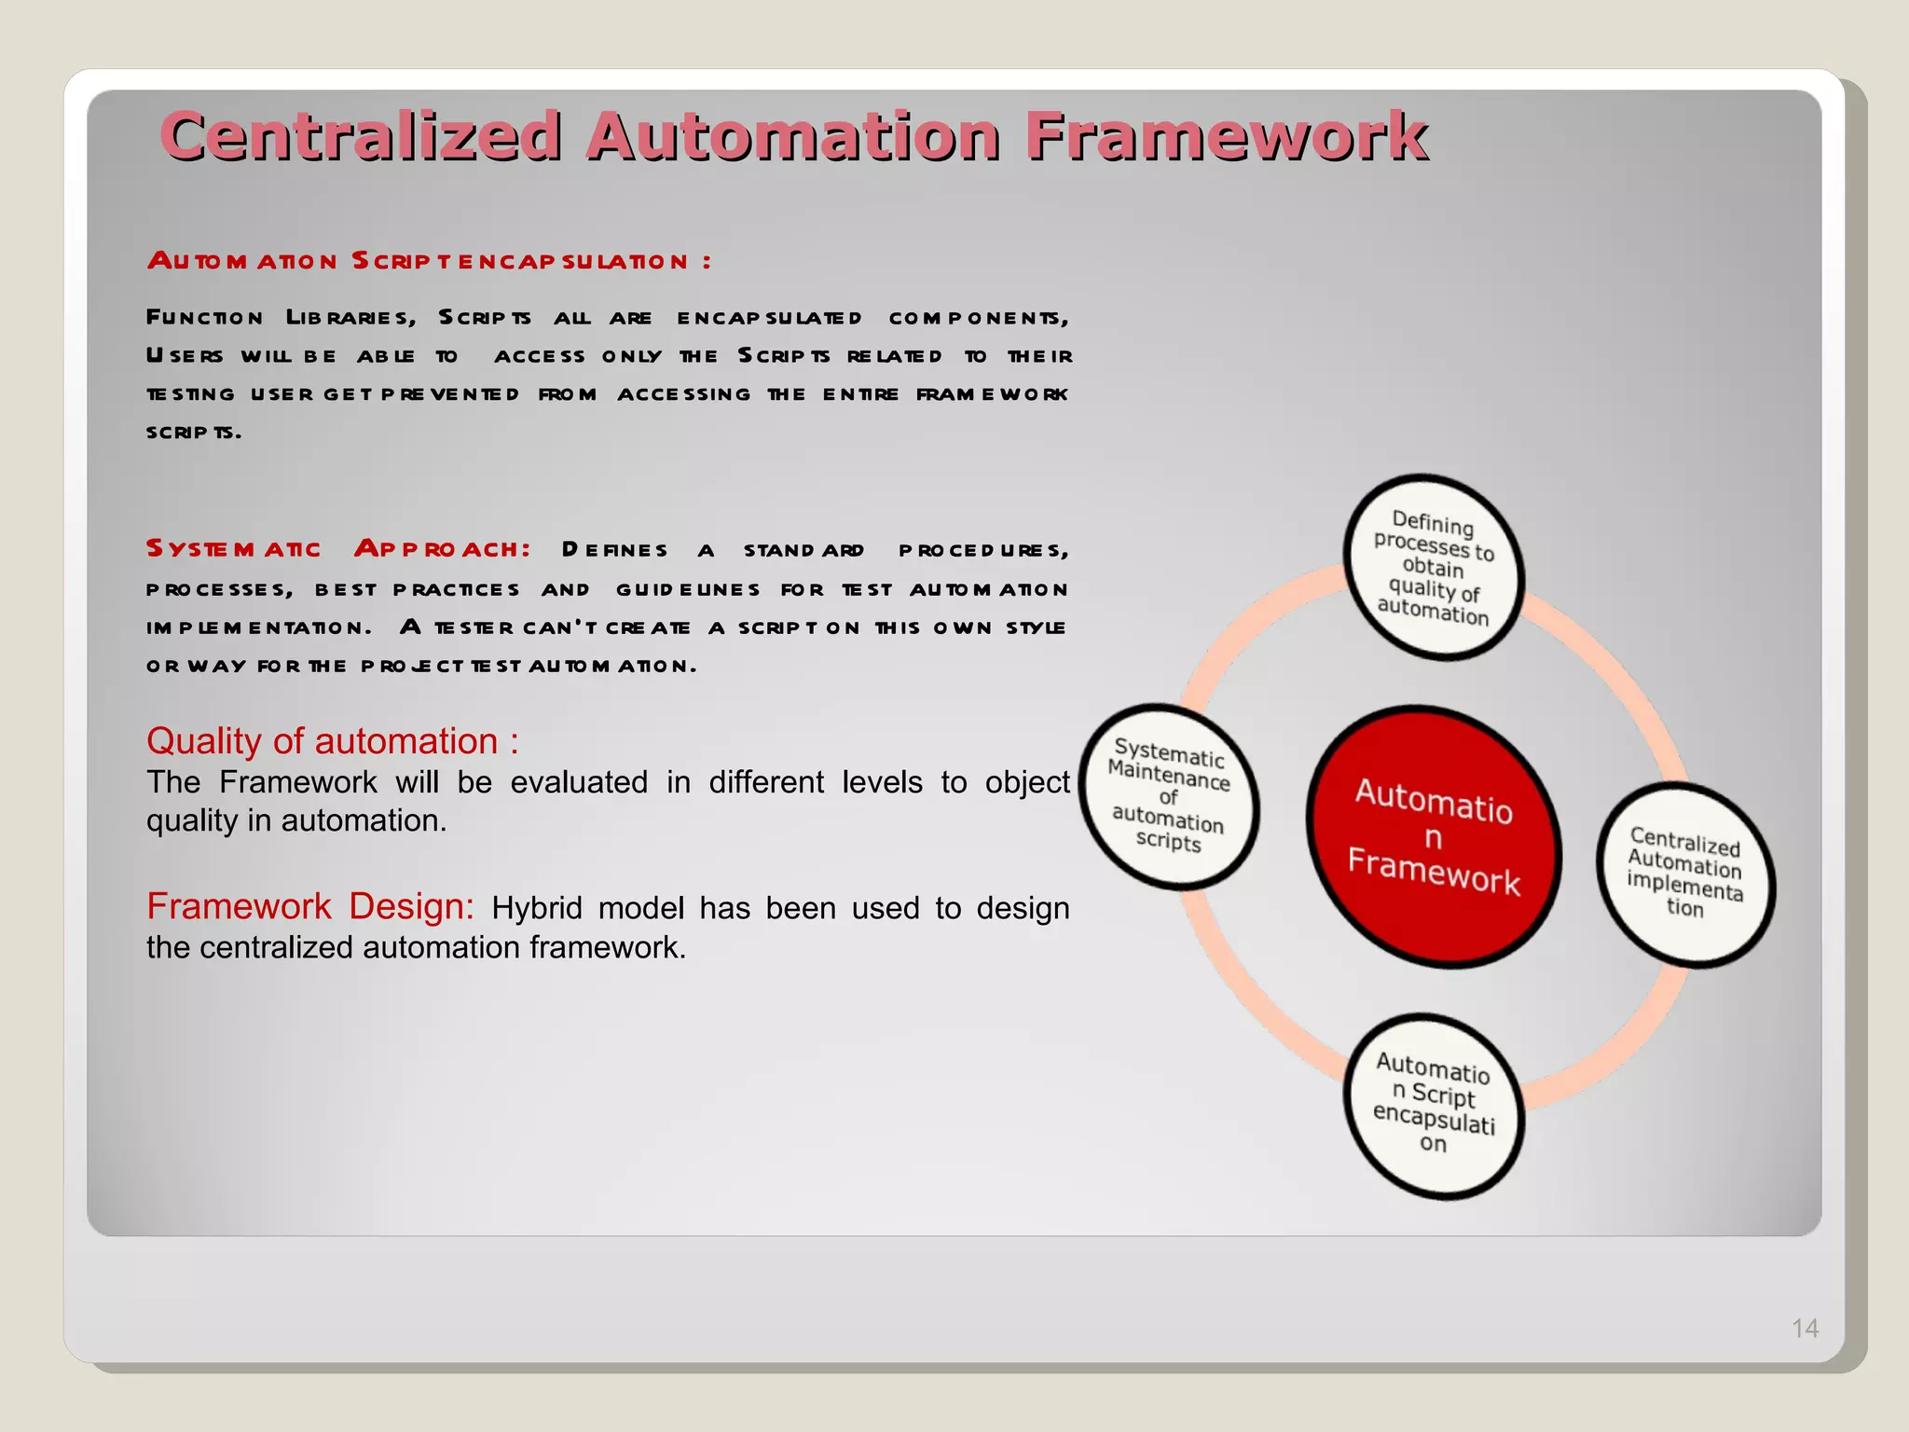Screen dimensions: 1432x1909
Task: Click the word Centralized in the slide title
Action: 362,136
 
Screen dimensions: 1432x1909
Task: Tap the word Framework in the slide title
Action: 1226,136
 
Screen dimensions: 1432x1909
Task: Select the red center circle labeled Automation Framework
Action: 1433,836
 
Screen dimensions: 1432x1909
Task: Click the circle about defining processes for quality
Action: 1434,568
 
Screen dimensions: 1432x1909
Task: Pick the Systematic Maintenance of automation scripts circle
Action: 1169,796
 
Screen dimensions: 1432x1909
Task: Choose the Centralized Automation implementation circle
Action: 1684,874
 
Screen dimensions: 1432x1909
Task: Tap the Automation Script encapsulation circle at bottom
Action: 1434,1105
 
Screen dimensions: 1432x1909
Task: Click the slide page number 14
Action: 1805,1328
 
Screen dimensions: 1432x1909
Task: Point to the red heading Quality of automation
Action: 332,741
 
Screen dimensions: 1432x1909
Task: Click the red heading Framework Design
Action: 310,906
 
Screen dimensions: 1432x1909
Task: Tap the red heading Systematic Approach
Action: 337,548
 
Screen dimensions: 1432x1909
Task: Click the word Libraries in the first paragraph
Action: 350,318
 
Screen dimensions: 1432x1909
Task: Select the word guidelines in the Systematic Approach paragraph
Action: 688,589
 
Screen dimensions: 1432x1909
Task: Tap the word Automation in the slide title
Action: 793,136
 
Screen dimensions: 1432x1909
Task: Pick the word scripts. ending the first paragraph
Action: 194,432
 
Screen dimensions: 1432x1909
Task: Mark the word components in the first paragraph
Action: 977,318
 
